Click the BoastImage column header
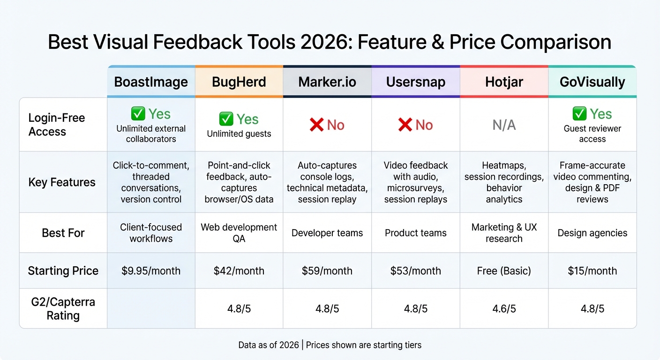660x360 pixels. pyautogui.click(x=151, y=82)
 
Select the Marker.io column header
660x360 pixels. pyautogui.click(x=327, y=82)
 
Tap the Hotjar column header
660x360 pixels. pyautogui.click(x=504, y=82)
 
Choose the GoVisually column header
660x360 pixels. pyautogui.click(x=592, y=82)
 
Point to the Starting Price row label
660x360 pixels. pyautogui.click(x=63, y=270)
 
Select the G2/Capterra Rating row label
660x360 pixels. pyautogui.click(x=63, y=308)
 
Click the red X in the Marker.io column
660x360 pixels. pyautogui.click(x=317, y=125)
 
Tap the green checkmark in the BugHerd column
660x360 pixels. pyautogui.click(x=226, y=119)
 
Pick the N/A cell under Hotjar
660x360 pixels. pyautogui.click(x=504, y=125)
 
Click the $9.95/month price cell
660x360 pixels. pyautogui.click(x=151, y=271)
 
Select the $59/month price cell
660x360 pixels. pyautogui.click(x=327, y=271)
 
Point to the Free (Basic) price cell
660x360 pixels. pyautogui.click(x=504, y=271)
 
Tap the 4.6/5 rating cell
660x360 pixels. pyautogui.click(x=504, y=309)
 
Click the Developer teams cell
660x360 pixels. pyautogui.click(x=327, y=233)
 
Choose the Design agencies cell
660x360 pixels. pyautogui.click(x=592, y=233)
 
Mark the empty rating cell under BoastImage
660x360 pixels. pyautogui.click(x=151, y=308)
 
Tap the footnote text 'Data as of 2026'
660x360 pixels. pyautogui.click(x=269, y=345)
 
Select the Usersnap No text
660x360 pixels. pyautogui.click(x=424, y=125)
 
